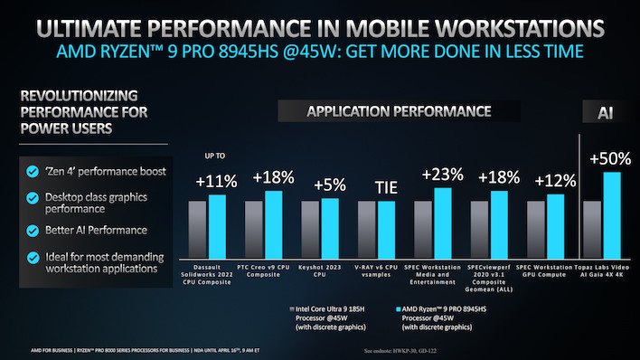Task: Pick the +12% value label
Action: point(554,181)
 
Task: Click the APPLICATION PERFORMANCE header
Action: point(399,112)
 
